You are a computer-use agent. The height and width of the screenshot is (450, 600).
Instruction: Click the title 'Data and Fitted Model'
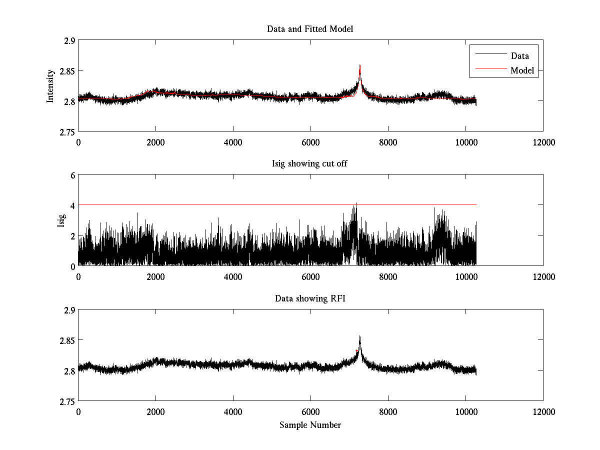tap(310, 29)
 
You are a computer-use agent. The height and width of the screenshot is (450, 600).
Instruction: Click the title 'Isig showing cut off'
tap(310, 164)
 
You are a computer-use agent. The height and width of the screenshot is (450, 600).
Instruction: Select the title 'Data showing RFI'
tap(310, 298)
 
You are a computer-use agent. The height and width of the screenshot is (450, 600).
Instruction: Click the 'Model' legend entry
tap(522, 70)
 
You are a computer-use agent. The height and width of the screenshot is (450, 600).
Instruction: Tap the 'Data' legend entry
tap(520, 56)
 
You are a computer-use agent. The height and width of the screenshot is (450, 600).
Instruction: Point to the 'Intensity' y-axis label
tap(50, 86)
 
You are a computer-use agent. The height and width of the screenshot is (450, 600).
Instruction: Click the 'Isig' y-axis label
tap(61, 220)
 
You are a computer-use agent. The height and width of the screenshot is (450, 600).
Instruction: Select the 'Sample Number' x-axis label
tap(310, 425)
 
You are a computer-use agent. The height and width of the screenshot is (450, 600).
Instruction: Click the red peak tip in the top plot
tap(359, 65)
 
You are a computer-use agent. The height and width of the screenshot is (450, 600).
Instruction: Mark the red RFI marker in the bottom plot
tap(356, 351)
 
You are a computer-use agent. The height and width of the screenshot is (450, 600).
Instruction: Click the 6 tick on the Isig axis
tap(72, 175)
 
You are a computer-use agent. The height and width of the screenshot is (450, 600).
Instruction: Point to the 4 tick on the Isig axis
tap(72, 205)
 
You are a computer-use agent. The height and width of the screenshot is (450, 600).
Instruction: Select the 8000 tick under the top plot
tap(388, 142)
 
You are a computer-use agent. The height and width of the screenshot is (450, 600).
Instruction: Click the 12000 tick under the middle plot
tap(543, 276)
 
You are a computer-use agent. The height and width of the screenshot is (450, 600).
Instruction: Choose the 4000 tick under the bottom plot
tap(233, 411)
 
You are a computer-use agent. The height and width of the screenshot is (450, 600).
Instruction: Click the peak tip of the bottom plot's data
tap(359, 336)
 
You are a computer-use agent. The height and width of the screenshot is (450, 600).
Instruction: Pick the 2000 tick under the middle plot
tap(155, 276)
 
